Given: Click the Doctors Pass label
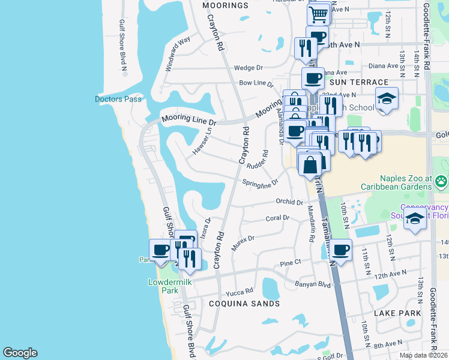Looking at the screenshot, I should [x=118, y=99].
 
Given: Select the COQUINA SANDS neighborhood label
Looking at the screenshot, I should [x=244, y=304].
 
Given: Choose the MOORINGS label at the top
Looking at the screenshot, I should [x=225, y=5].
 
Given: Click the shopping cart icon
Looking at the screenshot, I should [x=319, y=13].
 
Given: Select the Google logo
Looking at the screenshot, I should [x=20, y=353].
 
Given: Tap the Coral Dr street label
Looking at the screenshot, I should [x=277, y=218].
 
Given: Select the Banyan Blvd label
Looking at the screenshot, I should [x=312, y=284].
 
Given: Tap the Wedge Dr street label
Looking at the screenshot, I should [x=249, y=68].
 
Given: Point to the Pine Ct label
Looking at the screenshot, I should [x=290, y=263].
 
